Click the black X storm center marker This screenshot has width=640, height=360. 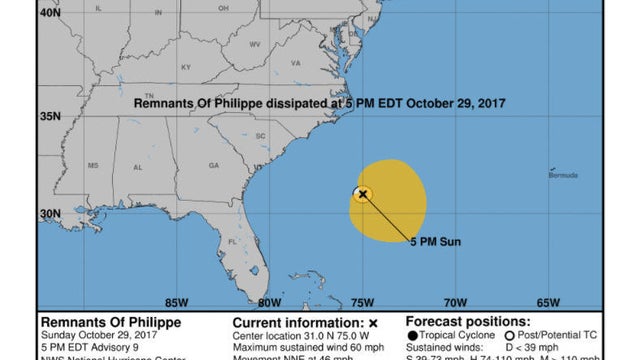click(x=363, y=194)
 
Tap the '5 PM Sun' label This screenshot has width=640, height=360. click(x=433, y=241)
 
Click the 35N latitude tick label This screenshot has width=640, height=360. click(x=50, y=117)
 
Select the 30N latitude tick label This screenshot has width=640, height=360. click(x=50, y=213)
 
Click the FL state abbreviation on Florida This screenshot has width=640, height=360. click(x=232, y=242)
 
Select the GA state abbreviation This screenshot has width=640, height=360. click(x=213, y=165)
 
